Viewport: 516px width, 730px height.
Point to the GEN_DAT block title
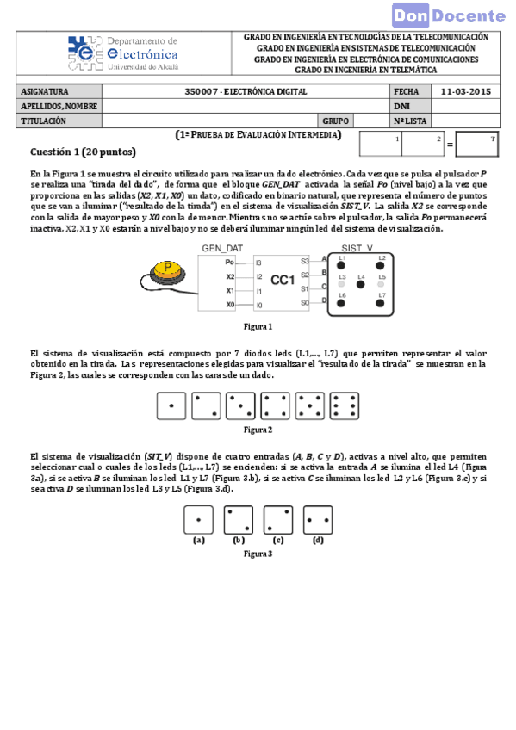click(x=222, y=248)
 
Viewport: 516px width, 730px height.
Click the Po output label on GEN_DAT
click(x=230, y=261)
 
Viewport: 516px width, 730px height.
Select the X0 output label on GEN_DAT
click(x=230, y=305)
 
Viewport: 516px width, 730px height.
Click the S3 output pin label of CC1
click(x=304, y=261)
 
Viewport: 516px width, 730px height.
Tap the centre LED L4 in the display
click(x=361, y=281)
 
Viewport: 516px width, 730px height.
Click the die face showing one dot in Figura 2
click(x=171, y=405)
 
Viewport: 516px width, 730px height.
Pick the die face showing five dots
click(x=308, y=405)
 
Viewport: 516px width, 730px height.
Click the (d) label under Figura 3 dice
click(x=318, y=541)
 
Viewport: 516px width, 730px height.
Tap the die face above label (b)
click(x=239, y=520)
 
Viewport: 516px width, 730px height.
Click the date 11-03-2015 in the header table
click(x=465, y=91)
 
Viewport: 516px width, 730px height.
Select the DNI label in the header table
click(x=401, y=106)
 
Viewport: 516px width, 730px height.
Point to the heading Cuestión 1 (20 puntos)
click(x=83, y=152)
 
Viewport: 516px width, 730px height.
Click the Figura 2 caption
click(x=258, y=429)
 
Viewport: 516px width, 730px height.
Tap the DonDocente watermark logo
click(x=449, y=15)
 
